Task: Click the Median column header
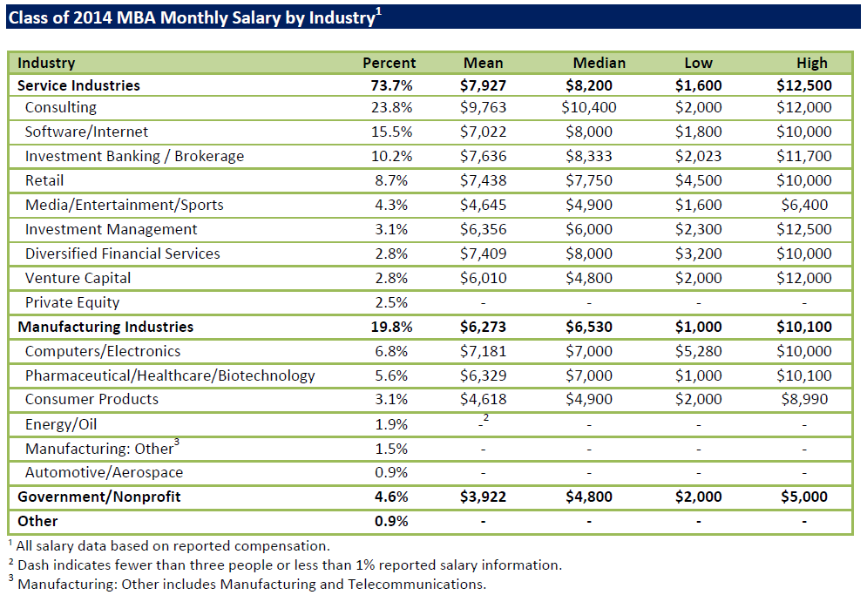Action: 599,63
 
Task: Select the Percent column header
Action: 389,63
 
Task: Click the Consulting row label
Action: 61,108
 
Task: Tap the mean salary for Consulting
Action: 483,108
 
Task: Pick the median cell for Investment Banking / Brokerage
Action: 589,157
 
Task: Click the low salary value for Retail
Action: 698,181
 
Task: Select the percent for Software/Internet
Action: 391,132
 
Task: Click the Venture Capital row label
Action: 78,279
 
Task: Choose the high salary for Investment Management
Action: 804,230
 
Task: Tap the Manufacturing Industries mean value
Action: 483,328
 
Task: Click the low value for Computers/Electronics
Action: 698,352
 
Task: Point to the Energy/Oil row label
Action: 61,424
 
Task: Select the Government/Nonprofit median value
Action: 589,497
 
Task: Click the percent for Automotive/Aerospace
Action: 391,473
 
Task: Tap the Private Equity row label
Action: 72,303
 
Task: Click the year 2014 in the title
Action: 80,17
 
